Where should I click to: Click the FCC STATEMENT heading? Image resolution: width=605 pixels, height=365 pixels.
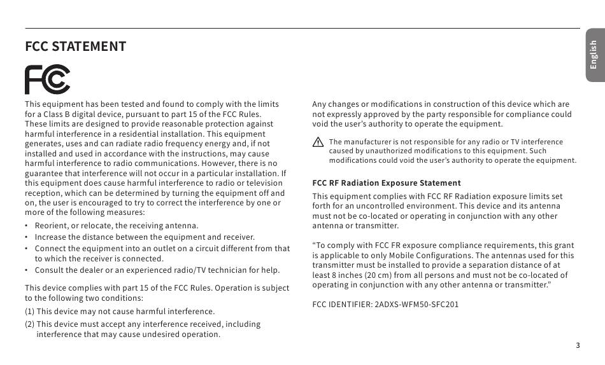tap(75, 46)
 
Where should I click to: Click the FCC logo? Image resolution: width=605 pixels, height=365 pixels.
tap(47, 79)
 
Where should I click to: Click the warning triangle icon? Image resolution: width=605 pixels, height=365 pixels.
tap(318, 143)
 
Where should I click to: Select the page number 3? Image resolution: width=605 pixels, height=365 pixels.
tap(578, 345)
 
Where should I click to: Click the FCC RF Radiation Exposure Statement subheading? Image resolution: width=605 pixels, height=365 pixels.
tap(387, 183)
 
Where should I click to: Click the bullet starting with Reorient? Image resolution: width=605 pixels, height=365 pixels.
tap(117, 226)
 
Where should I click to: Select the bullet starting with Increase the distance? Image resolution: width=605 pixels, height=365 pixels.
tap(145, 237)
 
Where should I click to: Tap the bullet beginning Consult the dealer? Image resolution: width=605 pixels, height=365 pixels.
tap(157, 270)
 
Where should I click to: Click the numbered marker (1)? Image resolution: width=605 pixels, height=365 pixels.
tap(30, 312)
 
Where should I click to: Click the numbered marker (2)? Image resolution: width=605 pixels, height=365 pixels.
tap(30, 324)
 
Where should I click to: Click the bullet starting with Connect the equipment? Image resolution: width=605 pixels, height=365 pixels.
tap(162, 249)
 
